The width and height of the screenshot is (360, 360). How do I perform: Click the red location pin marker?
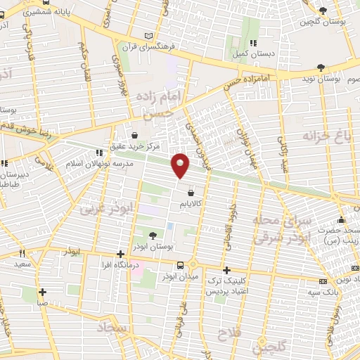[x=181, y=165]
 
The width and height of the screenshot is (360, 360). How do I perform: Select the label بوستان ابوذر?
[x=154, y=247]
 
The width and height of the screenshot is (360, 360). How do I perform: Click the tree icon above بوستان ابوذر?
[x=154, y=235]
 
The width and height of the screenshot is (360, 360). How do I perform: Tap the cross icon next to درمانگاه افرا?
[x=121, y=254]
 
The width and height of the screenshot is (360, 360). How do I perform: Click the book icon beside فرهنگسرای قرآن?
[x=147, y=35]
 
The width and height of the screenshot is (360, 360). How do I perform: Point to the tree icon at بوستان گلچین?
[x=323, y=10]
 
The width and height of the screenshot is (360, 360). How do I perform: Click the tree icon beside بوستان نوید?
[x=321, y=68]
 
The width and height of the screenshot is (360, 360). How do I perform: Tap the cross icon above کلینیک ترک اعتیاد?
[x=226, y=270]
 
